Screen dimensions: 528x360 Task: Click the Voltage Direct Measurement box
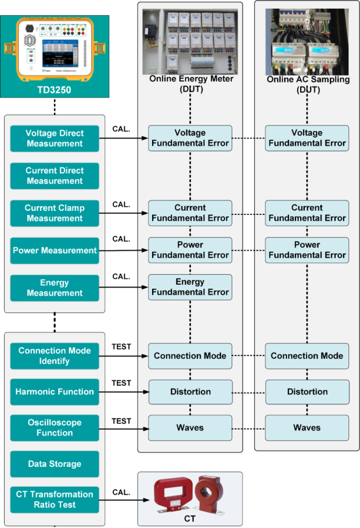pyautogui.click(x=55, y=138)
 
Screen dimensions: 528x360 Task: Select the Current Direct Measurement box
pyautogui.click(x=55, y=175)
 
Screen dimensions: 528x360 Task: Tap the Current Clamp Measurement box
pyautogui.click(x=55, y=213)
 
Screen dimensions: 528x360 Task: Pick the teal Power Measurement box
pyautogui.click(x=55, y=251)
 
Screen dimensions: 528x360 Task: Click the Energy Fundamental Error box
pyautogui.click(x=190, y=287)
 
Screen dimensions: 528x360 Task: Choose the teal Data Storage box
pyautogui.click(x=55, y=464)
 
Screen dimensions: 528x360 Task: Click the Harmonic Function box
pyautogui.click(x=55, y=392)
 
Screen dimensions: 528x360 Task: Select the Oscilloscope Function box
pyautogui.click(x=55, y=428)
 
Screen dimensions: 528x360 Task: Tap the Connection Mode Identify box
pyautogui.click(x=55, y=355)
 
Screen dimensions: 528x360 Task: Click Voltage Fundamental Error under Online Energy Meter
pyautogui.click(x=190, y=138)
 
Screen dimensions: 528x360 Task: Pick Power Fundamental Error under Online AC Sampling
pyautogui.click(x=307, y=250)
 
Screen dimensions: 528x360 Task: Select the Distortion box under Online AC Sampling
pyautogui.click(x=307, y=392)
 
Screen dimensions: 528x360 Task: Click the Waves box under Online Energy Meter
pyautogui.click(x=190, y=428)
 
